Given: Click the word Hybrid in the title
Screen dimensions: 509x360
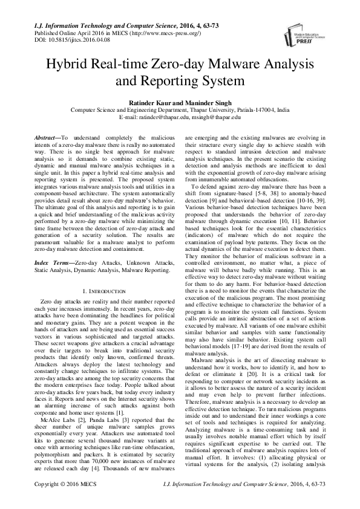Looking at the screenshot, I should point(79,64).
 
